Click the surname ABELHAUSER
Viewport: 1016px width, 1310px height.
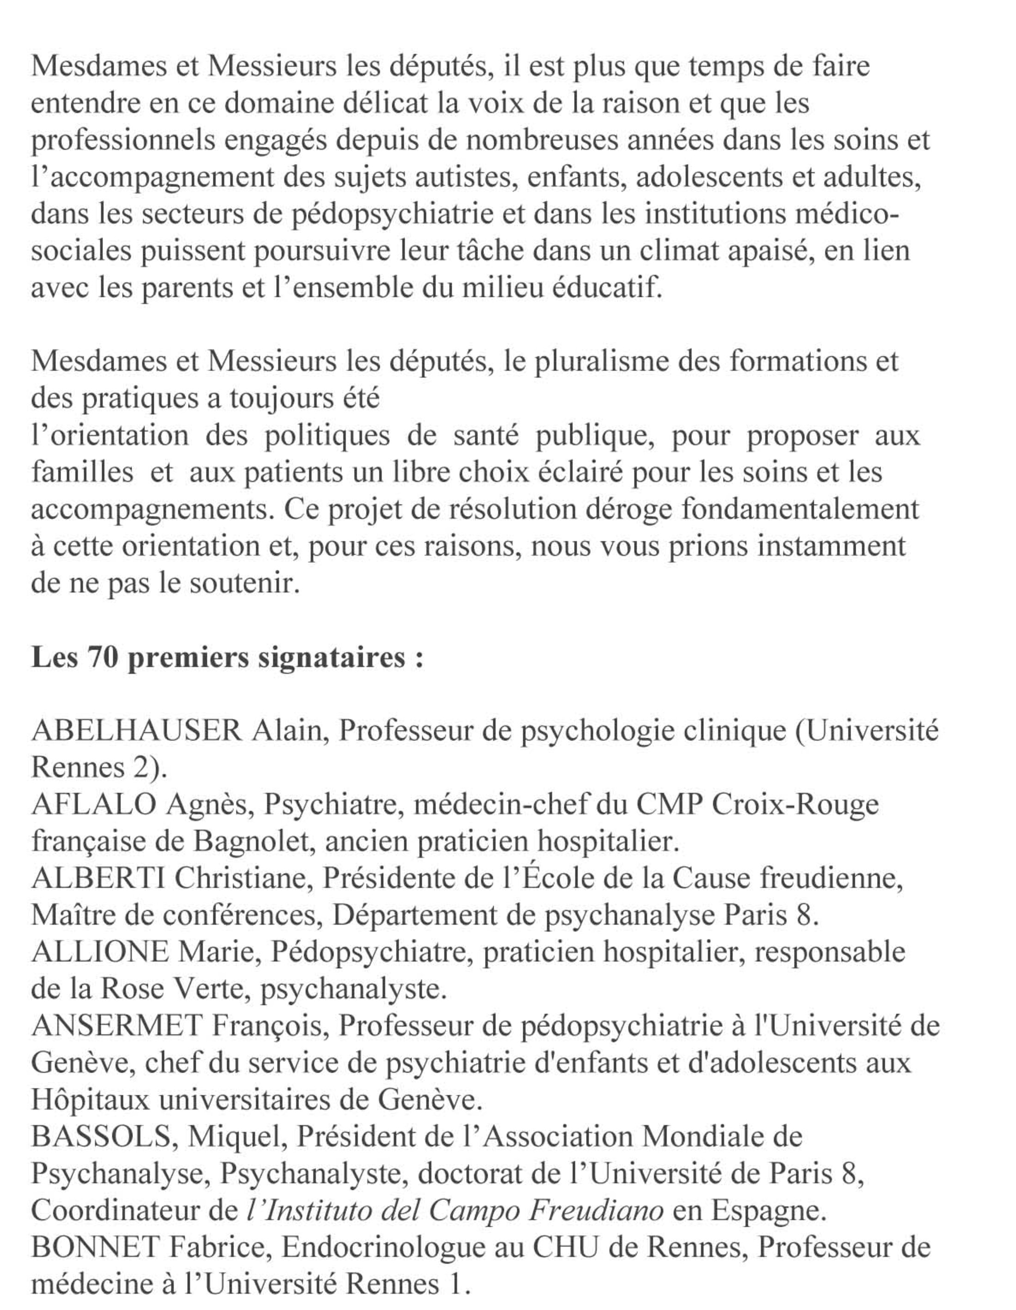tap(136, 731)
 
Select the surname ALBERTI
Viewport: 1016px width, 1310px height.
tap(98, 879)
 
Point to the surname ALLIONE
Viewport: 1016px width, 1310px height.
tap(100, 952)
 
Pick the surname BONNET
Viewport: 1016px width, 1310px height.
tap(95, 1248)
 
